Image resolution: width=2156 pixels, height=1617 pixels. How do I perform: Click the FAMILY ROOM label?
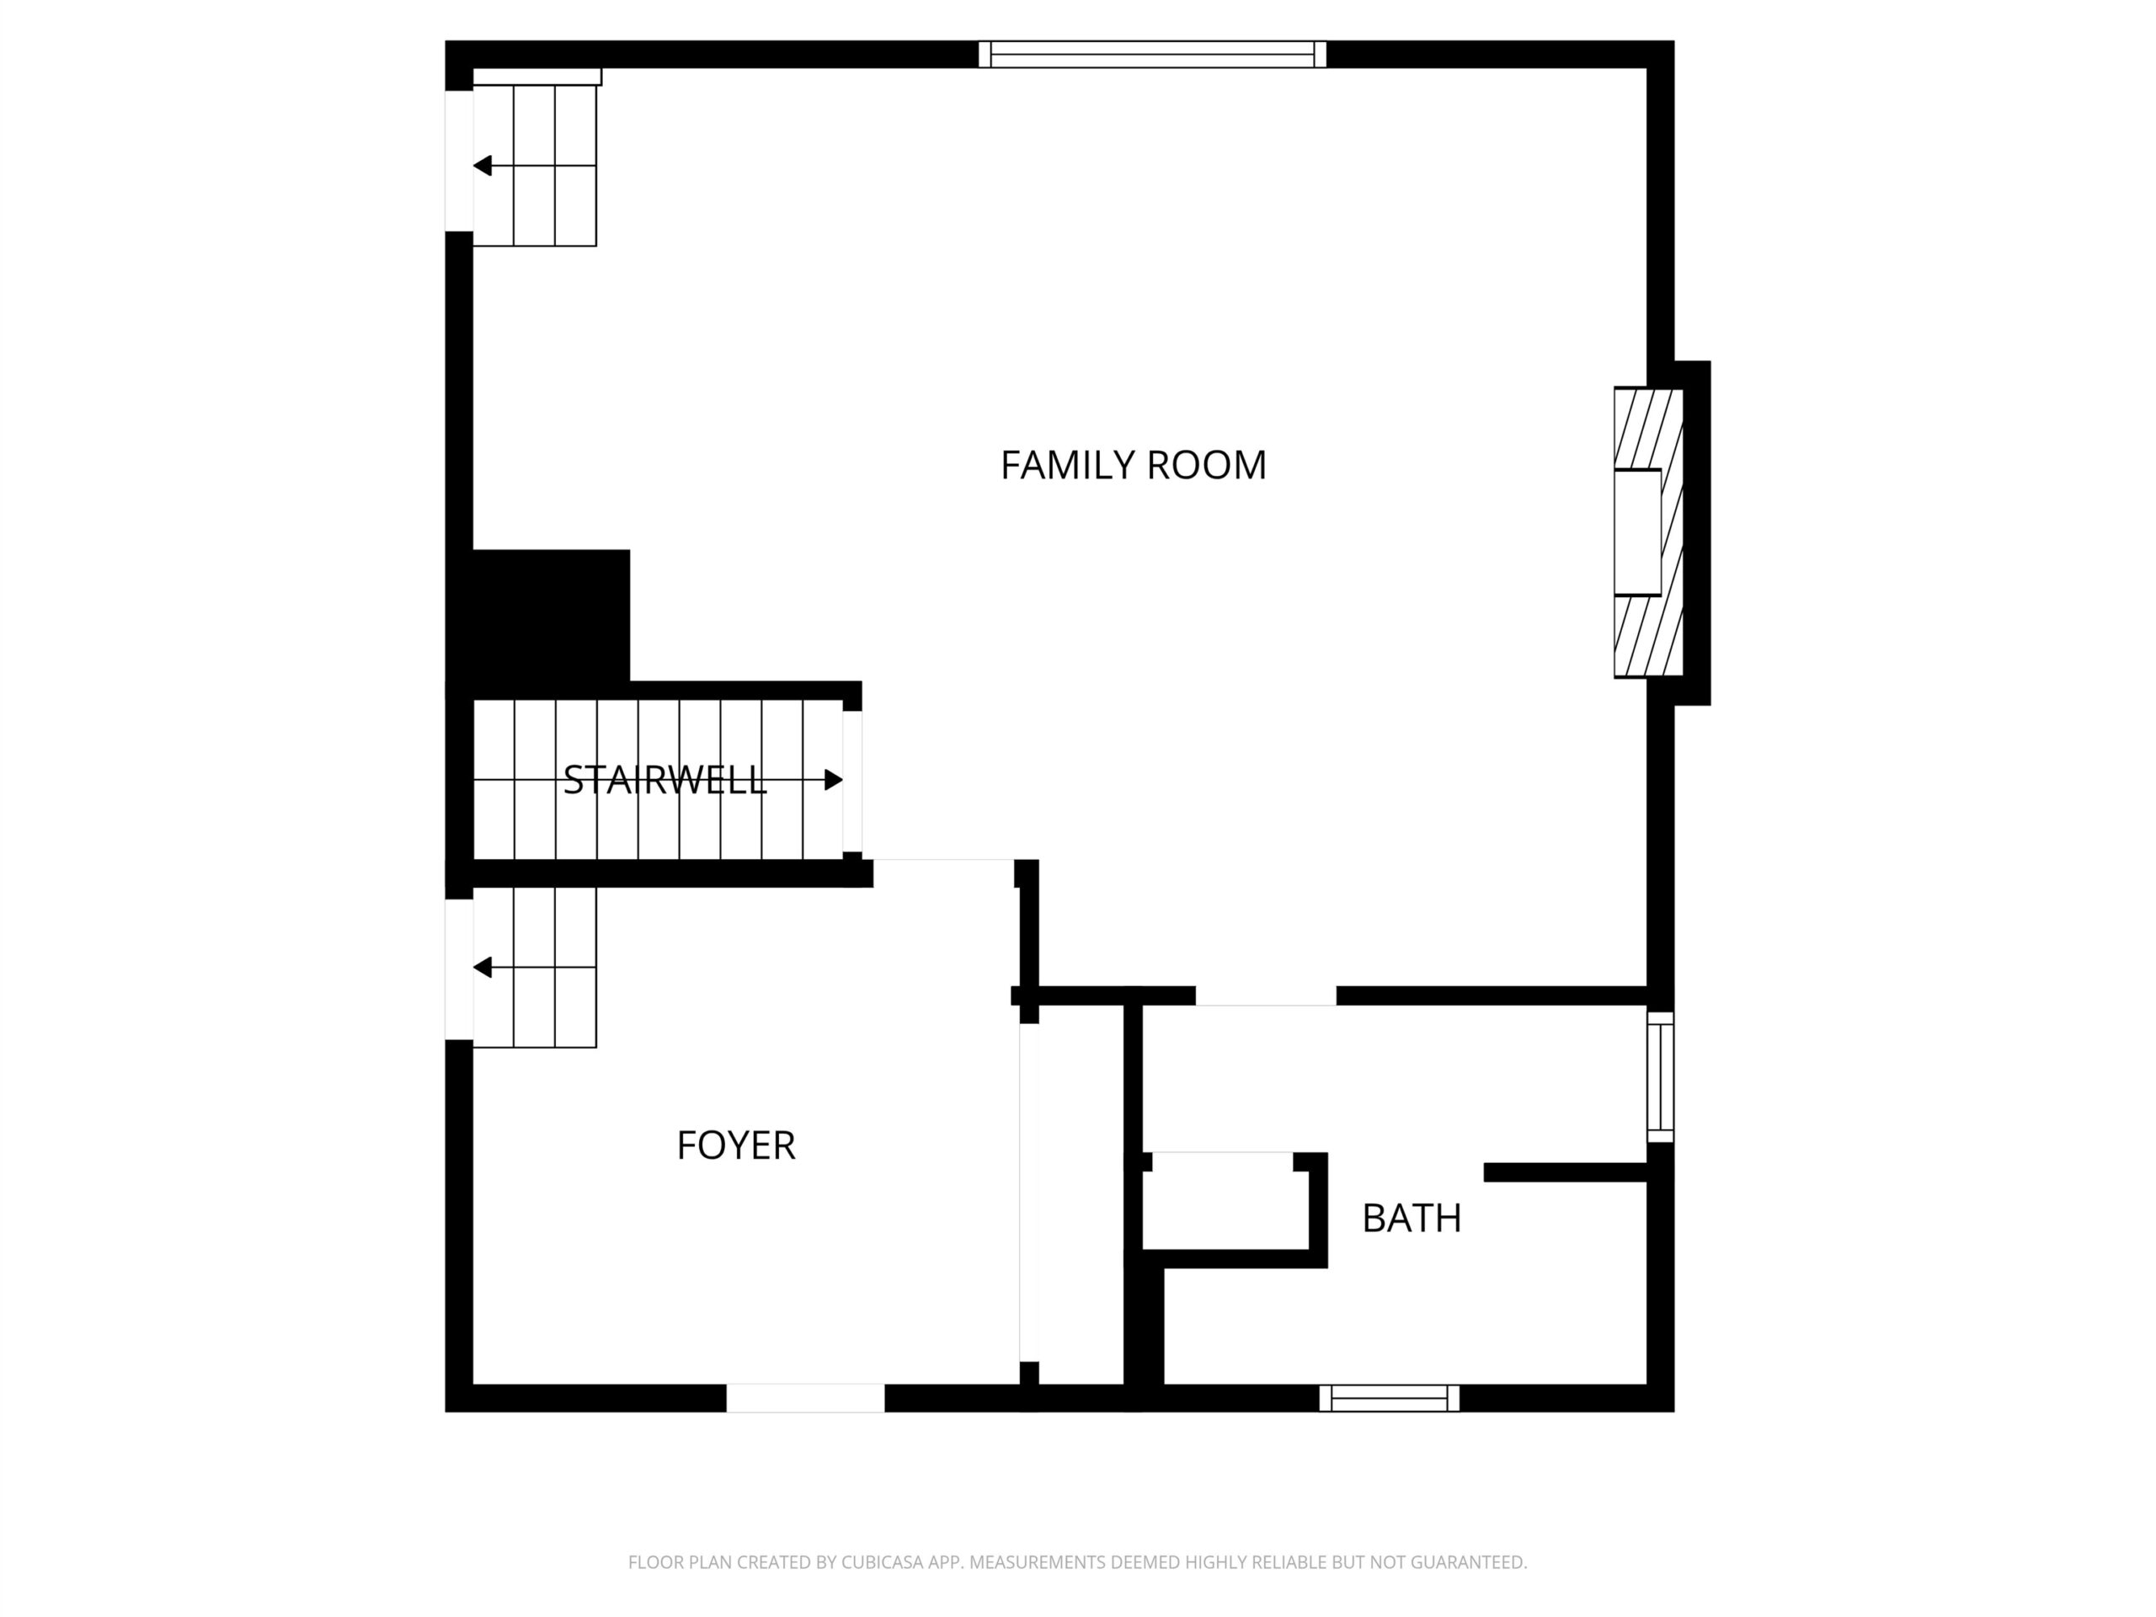pos(1133,465)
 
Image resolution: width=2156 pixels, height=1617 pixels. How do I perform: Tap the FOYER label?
pos(736,1145)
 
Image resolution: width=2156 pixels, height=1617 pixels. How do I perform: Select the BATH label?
pos(1412,1219)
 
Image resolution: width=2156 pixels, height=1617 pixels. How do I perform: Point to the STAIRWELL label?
pos(664,780)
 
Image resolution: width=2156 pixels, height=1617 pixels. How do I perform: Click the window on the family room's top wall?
pos(1152,55)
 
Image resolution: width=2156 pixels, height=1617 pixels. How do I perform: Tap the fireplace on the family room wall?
pos(1649,532)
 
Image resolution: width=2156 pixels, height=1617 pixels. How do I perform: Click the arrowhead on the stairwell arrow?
pos(835,780)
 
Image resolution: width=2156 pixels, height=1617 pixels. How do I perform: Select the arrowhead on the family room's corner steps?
pos(482,166)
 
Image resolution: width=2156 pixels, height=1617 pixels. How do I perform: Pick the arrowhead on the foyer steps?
pos(482,968)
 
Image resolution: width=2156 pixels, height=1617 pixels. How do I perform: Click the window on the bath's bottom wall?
pos(1390,1398)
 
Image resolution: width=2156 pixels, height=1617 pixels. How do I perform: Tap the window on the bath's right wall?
pos(1661,1077)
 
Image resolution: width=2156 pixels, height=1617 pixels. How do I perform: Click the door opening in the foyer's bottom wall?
pos(805,1398)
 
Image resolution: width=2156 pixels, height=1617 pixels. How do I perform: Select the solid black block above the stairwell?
pos(551,616)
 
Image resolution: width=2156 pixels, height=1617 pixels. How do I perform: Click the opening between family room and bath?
pos(1265,996)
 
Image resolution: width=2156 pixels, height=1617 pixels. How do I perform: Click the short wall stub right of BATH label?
pos(1566,1172)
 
